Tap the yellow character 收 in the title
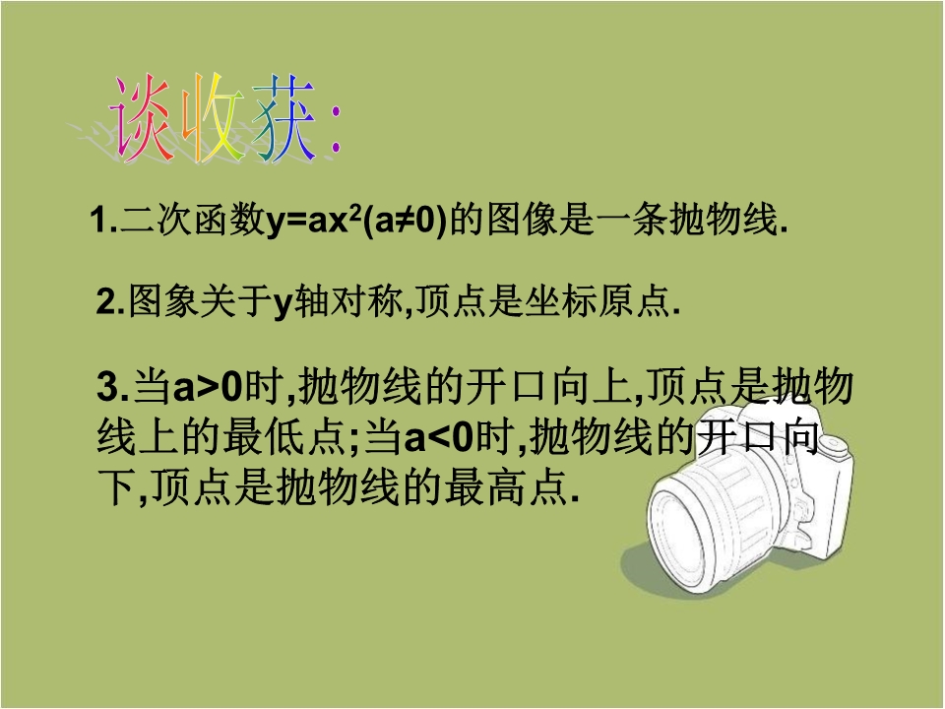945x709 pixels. (x=213, y=118)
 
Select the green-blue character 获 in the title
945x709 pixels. (x=283, y=118)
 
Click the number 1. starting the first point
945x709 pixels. (x=103, y=220)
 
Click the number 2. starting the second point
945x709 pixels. (x=111, y=302)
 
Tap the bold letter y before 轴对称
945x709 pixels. (x=283, y=304)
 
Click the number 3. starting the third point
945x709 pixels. (x=113, y=386)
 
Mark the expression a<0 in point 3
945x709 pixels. (x=439, y=437)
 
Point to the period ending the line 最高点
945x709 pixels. (x=574, y=499)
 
